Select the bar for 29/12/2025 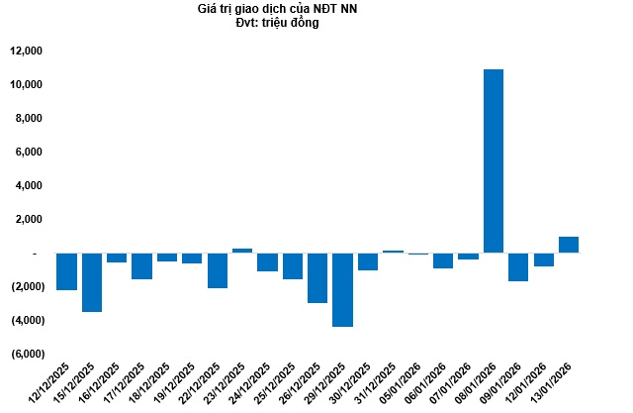(342, 289)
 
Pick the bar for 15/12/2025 (92, 282)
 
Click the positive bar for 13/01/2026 (569, 245)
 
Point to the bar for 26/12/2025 (317, 277)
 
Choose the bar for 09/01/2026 (518, 266)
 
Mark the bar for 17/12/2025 (141, 265)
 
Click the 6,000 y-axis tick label (28, 152)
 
